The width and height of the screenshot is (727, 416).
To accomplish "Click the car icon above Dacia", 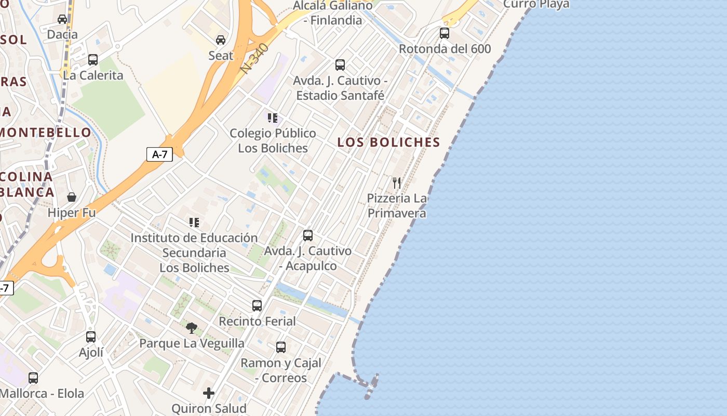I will pos(62,19).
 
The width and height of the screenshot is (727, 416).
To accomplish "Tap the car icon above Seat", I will pos(221,40).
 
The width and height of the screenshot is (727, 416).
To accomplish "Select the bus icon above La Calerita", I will pos(93,60).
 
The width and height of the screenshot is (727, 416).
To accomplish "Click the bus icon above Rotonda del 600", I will pos(445,33).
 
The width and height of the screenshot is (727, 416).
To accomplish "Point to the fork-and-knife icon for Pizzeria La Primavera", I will pos(397,183).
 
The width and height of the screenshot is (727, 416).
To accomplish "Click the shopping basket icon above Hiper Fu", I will pos(72,197).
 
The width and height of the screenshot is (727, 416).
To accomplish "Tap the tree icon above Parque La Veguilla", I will pos(192,328).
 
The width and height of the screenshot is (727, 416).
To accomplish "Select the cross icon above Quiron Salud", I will pos(209,393).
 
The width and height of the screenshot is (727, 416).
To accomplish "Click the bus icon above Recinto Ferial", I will pos(257,306).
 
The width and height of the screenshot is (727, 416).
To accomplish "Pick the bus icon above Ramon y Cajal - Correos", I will pos(281,347).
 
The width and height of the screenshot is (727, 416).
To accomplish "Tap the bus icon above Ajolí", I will pos(91,337).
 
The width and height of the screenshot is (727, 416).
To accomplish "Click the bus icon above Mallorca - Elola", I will pos(33,378).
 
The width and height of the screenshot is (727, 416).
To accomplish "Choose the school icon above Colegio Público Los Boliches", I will pos(273,118).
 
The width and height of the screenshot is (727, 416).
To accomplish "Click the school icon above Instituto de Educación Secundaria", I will pos(194,223).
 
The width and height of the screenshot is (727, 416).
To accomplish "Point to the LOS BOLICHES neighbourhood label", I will pos(389,142).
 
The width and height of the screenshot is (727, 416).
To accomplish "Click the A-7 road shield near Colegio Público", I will pos(159,154).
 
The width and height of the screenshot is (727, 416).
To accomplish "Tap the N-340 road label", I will pos(255,58).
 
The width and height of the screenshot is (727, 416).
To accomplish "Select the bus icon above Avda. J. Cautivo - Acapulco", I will pos(308,236).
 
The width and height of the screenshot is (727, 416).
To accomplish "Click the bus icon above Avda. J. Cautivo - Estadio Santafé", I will pos(340,65).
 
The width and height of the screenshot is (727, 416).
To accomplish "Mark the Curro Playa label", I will pos(536,5).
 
